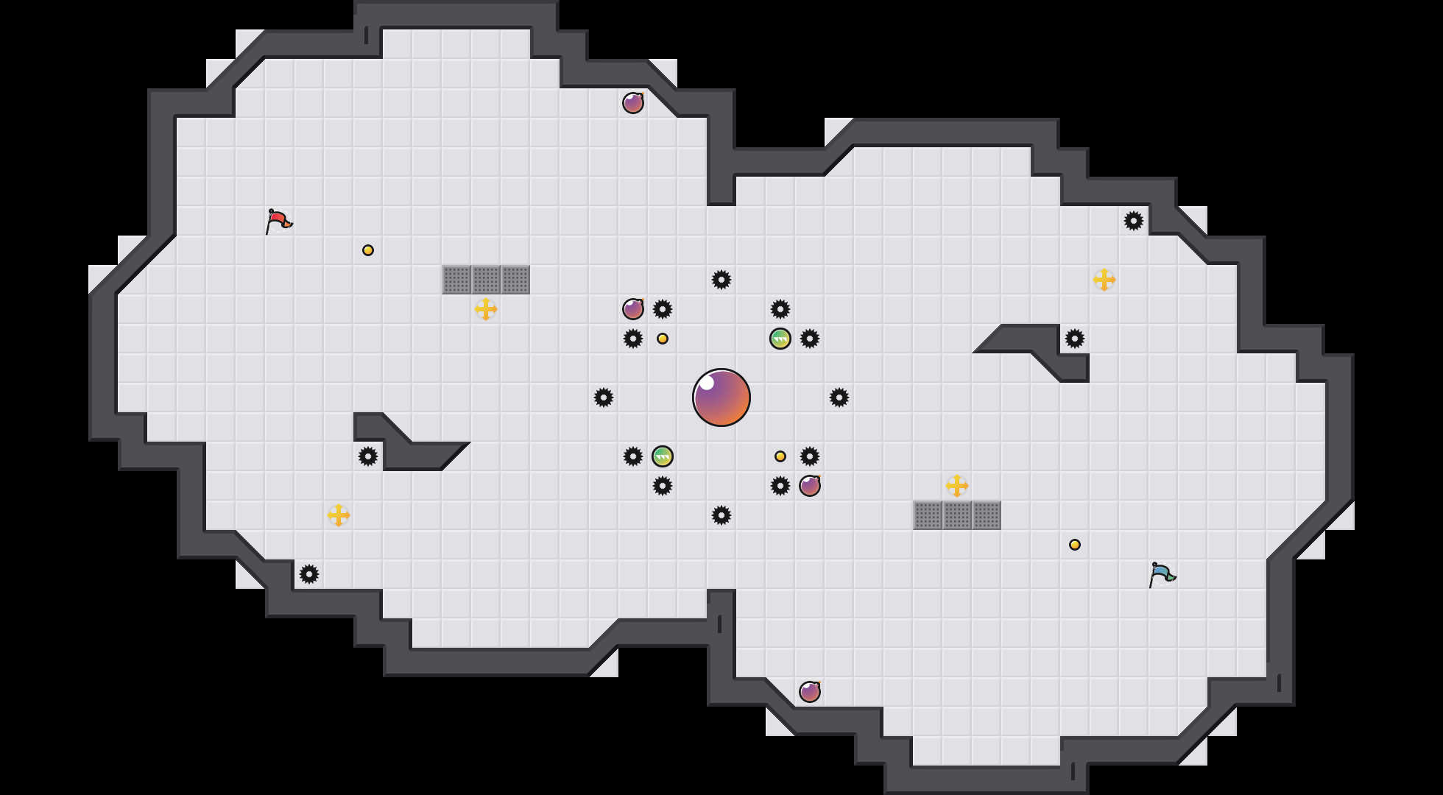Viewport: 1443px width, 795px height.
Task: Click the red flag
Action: [x=278, y=220]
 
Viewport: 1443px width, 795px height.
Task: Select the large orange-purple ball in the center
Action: [x=721, y=397]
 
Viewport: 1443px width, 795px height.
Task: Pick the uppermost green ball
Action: [x=780, y=339]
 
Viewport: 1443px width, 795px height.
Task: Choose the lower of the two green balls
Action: [x=663, y=456]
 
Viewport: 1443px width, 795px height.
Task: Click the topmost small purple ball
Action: [x=633, y=103]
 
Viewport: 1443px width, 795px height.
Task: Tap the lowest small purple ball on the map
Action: [x=810, y=692]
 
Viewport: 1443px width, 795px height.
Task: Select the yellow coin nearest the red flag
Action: [x=368, y=250]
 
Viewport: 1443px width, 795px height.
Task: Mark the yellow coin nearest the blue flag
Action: [x=1075, y=545]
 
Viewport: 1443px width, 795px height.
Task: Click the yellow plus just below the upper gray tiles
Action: [x=486, y=309]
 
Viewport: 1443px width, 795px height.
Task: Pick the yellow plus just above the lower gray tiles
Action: [x=957, y=486]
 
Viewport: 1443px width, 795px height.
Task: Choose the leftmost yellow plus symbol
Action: [x=339, y=515]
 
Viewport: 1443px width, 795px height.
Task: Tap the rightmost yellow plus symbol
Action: [x=1104, y=280]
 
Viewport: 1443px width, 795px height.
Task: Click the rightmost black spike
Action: [x=1134, y=221]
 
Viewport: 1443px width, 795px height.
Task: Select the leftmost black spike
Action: [x=309, y=574]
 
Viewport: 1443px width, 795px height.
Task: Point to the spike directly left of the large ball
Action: [x=604, y=397]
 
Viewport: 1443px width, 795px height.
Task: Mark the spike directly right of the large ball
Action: [x=839, y=397]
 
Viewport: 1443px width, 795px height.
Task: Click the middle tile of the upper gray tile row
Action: [x=486, y=280]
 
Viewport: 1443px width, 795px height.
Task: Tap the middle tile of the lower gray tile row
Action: [x=957, y=515]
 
